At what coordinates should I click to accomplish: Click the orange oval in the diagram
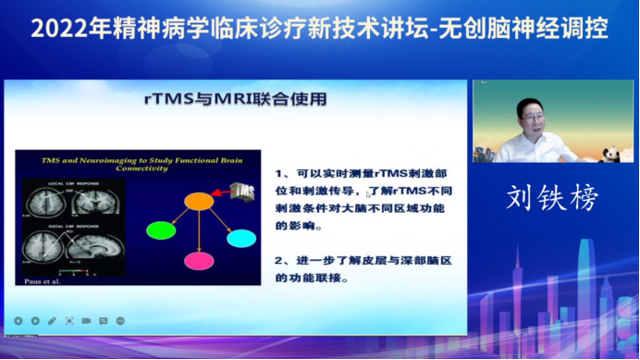pyautogui.click(x=198, y=200)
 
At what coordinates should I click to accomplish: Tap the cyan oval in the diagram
pyautogui.click(x=240, y=238)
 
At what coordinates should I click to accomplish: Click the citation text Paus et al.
pyautogui.click(x=36, y=279)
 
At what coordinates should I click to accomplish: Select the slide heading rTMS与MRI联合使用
pyautogui.click(x=237, y=98)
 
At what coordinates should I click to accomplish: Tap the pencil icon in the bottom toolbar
pyautogui.click(x=52, y=321)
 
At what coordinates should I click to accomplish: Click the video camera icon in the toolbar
pyautogui.click(x=86, y=321)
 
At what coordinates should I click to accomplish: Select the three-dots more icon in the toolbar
pyautogui.click(x=119, y=321)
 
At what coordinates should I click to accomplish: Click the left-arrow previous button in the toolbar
pyautogui.click(x=18, y=321)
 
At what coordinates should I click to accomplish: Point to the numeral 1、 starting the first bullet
pyautogui.click(x=282, y=173)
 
